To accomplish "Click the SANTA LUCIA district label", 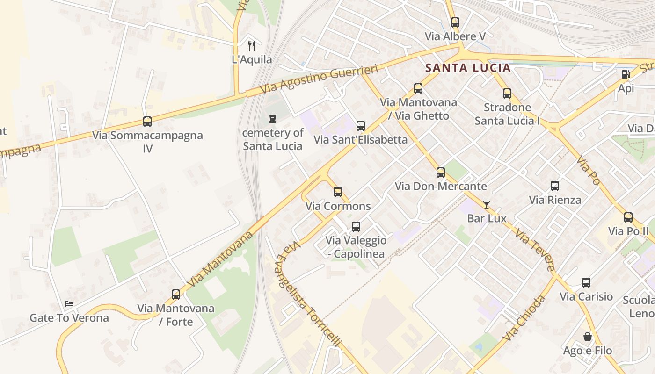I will click(468, 68).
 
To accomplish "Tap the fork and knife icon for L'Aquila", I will click(252, 45).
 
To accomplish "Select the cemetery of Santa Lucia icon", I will click(273, 119).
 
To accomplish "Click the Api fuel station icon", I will click(626, 74).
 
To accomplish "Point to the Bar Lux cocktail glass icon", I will click(487, 204).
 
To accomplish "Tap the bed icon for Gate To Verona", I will click(69, 304).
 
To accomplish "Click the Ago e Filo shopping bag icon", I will click(587, 337).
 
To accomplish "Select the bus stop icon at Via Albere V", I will click(455, 22).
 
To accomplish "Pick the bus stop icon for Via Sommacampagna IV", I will click(147, 122).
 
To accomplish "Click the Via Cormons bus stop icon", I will click(338, 192).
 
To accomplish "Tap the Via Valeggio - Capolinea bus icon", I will click(356, 227).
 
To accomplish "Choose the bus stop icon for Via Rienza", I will click(555, 186).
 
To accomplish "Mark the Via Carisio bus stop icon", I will click(586, 283).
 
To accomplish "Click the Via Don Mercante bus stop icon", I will click(441, 173).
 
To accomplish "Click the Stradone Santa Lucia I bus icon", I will click(507, 93).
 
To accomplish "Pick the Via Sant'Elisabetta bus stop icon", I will click(360, 126).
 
